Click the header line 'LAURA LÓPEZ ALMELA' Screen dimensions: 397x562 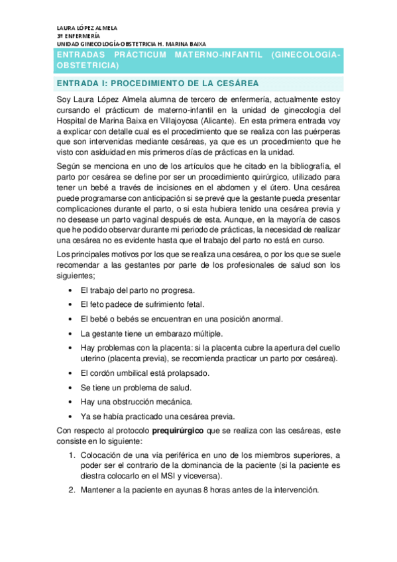(x=87, y=28)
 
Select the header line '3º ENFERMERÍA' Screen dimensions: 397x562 (x=79, y=36)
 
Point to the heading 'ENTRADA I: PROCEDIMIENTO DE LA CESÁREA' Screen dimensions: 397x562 (x=157, y=84)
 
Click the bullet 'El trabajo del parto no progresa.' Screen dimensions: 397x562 (x=137, y=290)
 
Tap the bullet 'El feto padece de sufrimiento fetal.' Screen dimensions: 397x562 (x=142, y=304)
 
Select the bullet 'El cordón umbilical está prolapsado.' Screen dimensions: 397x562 (x=145, y=373)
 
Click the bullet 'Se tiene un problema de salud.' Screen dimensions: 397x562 (x=136, y=388)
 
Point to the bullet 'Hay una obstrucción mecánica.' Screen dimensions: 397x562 (x=137, y=402)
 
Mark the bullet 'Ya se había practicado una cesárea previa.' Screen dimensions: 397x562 (x=157, y=416)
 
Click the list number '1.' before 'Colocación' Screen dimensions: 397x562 (x=72, y=455)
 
